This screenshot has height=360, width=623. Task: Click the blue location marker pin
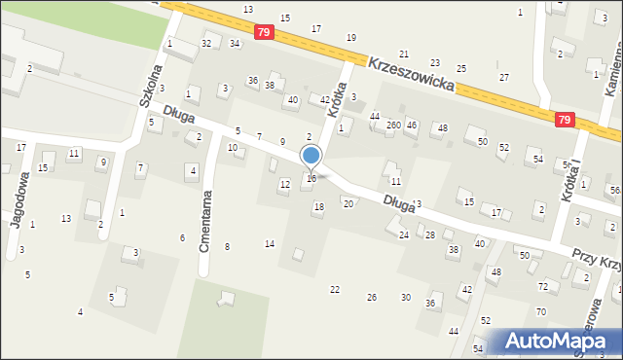311,156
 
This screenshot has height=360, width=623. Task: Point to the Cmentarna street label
206,221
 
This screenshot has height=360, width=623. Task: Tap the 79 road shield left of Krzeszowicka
263,32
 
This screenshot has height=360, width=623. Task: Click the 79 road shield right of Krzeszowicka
565,120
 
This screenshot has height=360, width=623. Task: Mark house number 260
393,126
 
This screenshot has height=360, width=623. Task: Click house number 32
206,44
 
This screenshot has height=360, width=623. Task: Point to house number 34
235,44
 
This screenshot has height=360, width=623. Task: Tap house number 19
351,38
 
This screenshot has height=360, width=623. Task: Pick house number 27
503,77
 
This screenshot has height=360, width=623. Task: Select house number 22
335,290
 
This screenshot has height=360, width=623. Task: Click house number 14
270,243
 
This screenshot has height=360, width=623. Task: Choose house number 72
543,286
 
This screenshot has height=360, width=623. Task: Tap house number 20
348,203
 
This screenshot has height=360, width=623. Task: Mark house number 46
412,126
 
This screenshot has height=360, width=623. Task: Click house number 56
614,190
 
